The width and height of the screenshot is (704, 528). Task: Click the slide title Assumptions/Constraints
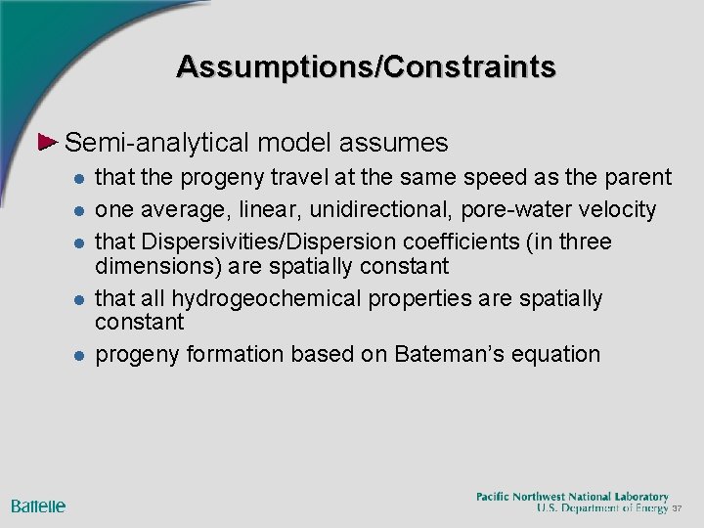[367, 66]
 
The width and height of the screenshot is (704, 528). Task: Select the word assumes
[394, 144]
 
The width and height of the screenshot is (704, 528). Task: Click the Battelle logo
[38, 506]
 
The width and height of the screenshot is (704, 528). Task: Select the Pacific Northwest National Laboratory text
[572, 497]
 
